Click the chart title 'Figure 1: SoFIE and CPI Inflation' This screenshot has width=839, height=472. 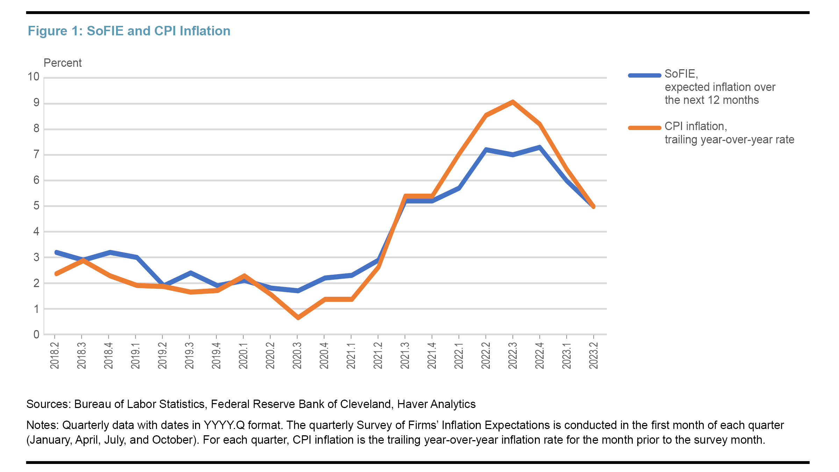tap(129, 31)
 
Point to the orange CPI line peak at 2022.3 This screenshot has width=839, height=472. tap(512, 102)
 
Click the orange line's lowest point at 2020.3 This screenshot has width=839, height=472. tap(298, 318)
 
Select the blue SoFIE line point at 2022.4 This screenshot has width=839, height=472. tap(540, 147)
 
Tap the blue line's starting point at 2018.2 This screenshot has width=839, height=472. tap(56, 252)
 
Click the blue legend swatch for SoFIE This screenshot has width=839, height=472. tap(644, 75)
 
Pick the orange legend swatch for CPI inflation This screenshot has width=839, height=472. tap(644, 128)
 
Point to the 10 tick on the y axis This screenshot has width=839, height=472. tap(34, 77)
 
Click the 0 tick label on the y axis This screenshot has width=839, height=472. tap(36, 335)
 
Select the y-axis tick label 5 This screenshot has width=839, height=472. tap(36, 206)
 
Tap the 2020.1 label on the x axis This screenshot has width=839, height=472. tap(243, 356)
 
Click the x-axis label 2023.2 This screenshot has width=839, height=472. tap(594, 356)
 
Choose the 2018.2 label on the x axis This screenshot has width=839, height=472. tap(55, 356)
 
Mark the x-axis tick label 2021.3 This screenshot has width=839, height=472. tap(405, 356)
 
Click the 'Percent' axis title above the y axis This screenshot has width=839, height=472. tap(63, 63)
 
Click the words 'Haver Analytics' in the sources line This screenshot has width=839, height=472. tap(436, 404)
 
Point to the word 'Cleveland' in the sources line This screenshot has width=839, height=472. tap(365, 404)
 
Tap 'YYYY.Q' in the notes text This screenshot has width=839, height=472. tap(224, 425)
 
